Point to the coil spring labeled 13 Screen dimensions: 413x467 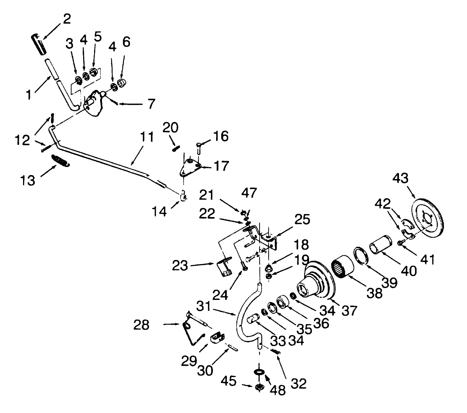coord(60,161)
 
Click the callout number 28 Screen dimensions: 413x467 coord(142,325)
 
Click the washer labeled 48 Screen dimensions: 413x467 coord(260,372)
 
